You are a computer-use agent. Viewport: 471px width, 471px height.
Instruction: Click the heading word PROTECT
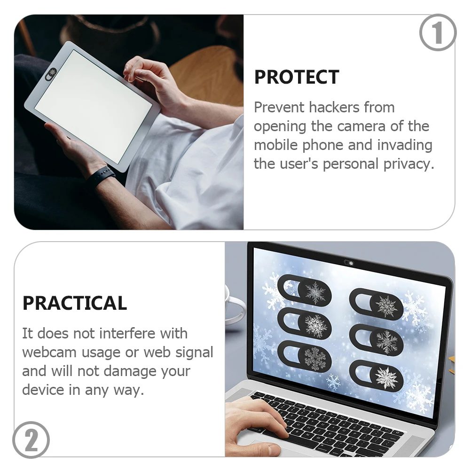(296, 78)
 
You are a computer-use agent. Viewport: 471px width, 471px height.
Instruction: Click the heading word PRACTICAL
(75, 304)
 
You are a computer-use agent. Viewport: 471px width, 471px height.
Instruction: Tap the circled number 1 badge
(438, 32)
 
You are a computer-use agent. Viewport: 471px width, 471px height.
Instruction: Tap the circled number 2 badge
(31, 440)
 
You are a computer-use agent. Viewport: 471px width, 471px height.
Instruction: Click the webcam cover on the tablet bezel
(51, 72)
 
